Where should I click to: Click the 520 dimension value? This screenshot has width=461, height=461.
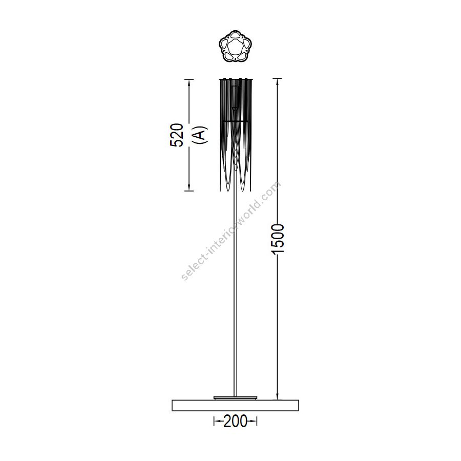[x=177, y=135]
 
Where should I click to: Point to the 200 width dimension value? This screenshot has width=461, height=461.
[x=235, y=422]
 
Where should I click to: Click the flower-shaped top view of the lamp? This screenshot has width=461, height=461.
[x=235, y=46]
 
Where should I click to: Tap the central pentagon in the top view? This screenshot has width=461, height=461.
[x=235, y=46]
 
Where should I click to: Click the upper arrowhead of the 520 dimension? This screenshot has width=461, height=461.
[x=188, y=83]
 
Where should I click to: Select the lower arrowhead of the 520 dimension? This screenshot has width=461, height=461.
[x=188, y=186]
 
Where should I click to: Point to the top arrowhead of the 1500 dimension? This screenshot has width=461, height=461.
[x=277, y=82]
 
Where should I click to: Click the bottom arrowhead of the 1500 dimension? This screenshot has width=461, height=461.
[x=277, y=396]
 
